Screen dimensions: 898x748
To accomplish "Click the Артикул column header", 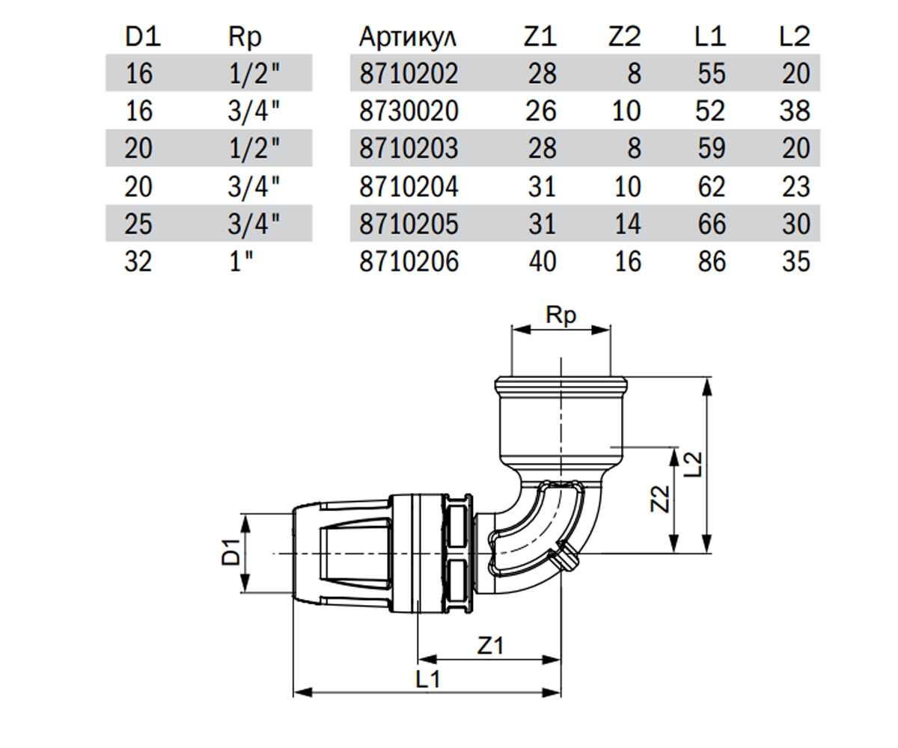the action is (x=407, y=37).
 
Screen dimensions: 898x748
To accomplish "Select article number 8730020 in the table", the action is (x=409, y=111).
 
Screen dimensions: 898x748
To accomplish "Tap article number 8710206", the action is (x=409, y=261).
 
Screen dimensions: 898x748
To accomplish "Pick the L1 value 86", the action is (x=712, y=261).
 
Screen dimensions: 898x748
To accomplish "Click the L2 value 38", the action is (x=795, y=111).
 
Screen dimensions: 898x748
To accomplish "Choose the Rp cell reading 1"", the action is (x=241, y=260).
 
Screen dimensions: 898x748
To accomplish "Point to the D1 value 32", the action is (x=138, y=261).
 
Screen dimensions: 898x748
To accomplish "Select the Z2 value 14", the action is (x=628, y=224).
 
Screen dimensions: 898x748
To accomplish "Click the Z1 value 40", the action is (x=543, y=261).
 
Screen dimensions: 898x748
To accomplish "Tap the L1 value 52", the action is (x=710, y=111).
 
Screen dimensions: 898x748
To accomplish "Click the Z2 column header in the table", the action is (x=624, y=36).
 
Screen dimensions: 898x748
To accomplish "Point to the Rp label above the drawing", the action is (x=561, y=316).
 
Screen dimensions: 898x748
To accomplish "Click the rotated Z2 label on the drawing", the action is (x=660, y=499).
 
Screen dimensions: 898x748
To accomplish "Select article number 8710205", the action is (x=409, y=224).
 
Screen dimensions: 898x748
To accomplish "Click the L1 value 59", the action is (x=712, y=148).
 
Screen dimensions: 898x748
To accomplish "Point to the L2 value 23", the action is (x=795, y=186).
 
